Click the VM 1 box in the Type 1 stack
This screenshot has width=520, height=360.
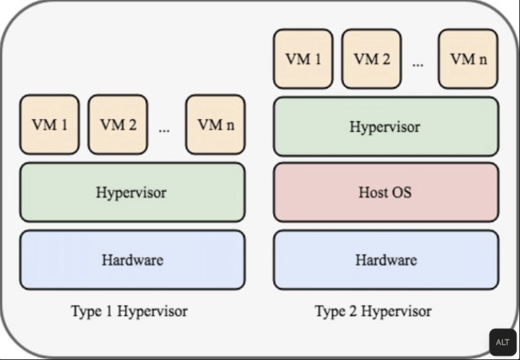(x=50, y=125)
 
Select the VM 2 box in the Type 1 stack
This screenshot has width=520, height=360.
(x=118, y=125)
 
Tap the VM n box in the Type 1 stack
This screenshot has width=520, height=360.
(x=215, y=125)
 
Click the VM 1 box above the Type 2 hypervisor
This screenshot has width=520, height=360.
(x=303, y=59)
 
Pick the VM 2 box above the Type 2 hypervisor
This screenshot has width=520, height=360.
(x=371, y=59)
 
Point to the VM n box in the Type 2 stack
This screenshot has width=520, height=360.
(x=468, y=59)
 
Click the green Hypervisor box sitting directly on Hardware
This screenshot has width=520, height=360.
(x=131, y=192)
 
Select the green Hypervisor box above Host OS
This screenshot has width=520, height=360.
(x=385, y=127)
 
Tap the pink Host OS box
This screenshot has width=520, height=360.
(x=385, y=192)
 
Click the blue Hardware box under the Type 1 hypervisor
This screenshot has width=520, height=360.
(x=132, y=259)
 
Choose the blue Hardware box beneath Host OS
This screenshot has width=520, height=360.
(x=385, y=259)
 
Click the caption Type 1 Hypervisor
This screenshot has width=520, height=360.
(x=129, y=312)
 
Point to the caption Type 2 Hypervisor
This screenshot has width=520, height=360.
(x=373, y=312)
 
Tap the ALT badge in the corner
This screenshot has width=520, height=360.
(x=502, y=342)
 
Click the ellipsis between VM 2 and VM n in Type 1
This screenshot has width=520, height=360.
(x=164, y=128)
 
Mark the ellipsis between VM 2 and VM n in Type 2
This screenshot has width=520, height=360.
(x=417, y=63)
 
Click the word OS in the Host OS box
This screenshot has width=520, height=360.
(x=402, y=192)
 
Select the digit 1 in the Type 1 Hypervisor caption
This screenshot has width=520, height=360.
(x=108, y=312)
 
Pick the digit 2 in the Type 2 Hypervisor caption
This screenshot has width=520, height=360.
(x=352, y=312)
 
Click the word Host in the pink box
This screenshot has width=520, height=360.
(x=373, y=192)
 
